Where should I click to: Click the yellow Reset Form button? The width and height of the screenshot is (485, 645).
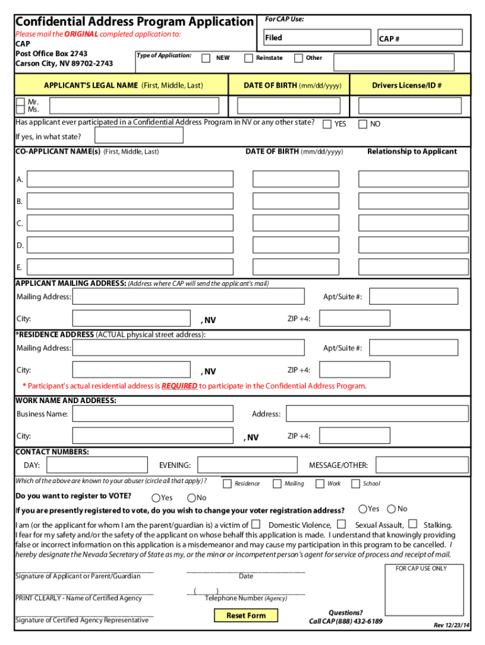point(246,615)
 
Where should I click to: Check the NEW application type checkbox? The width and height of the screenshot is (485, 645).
point(206,58)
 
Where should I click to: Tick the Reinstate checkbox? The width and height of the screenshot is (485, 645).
point(248,58)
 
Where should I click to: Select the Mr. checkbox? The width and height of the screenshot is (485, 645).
point(21,101)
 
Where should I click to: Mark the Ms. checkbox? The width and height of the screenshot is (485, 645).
point(21,110)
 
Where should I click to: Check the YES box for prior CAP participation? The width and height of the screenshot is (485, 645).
point(327,124)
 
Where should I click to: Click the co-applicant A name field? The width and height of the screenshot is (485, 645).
point(130,179)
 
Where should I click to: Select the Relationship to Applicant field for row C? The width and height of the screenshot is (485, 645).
point(413,223)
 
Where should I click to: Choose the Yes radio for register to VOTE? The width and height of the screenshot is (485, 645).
point(156,498)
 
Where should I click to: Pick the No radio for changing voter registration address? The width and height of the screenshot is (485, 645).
point(392,509)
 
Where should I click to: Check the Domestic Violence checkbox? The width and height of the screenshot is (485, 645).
point(256,524)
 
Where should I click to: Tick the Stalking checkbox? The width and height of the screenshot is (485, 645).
point(413,524)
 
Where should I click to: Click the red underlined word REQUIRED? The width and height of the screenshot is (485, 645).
point(180,386)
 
